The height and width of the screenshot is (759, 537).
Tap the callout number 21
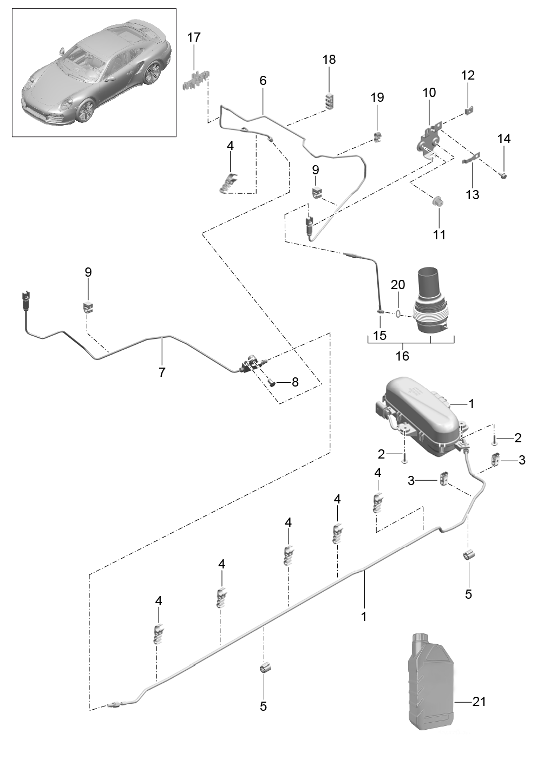pyautogui.click(x=479, y=702)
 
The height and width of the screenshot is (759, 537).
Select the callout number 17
pyautogui.click(x=194, y=37)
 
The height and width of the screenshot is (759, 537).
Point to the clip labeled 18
pyautogui.click(x=330, y=101)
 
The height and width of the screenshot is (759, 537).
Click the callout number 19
pyautogui.click(x=377, y=97)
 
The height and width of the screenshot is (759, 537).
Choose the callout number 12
pyautogui.click(x=468, y=75)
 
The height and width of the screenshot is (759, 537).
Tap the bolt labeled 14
pyautogui.click(x=503, y=174)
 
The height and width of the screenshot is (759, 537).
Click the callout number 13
pyautogui.click(x=473, y=194)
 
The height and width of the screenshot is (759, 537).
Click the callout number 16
pyautogui.click(x=402, y=356)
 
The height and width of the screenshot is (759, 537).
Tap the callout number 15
pyautogui.click(x=380, y=336)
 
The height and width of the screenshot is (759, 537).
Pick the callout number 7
pyautogui.click(x=162, y=372)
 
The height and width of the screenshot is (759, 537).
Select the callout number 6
pyautogui.click(x=263, y=81)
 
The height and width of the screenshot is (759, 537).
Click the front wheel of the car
pyautogui.click(x=86, y=110)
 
